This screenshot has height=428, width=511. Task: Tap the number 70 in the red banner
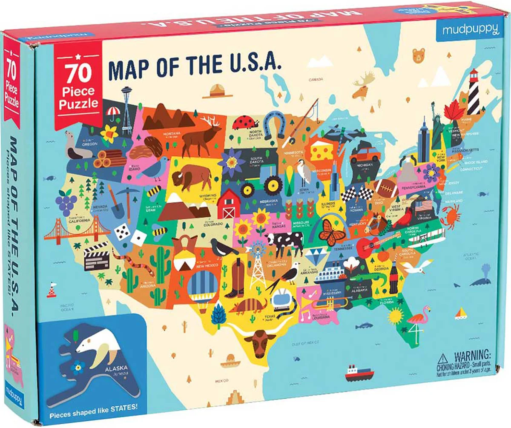pos(78,74)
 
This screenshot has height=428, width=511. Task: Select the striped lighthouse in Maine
pos(474,92)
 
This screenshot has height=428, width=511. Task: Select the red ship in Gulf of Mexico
pos(359,373)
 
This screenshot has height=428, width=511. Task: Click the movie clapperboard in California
pos(97,258)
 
